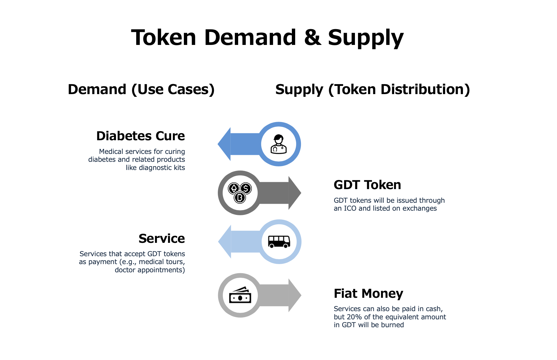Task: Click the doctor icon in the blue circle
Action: point(279,144)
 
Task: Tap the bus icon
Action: point(279,242)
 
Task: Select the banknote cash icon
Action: point(240,295)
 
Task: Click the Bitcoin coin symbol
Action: point(240,198)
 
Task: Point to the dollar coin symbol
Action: point(246,188)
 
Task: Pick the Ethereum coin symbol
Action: point(234,188)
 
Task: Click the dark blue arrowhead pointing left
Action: point(224,144)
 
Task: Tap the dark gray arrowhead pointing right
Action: point(295,193)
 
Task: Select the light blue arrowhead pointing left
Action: point(224,242)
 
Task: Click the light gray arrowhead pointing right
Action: point(295,295)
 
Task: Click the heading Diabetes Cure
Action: point(140,136)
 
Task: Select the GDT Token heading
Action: point(367,185)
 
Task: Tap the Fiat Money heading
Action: point(368,294)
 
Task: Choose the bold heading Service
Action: point(162,239)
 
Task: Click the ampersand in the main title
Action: point(312,37)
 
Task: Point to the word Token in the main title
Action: point(164,37)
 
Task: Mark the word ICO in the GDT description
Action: point(350,208)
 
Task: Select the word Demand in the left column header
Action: point(97,90)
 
